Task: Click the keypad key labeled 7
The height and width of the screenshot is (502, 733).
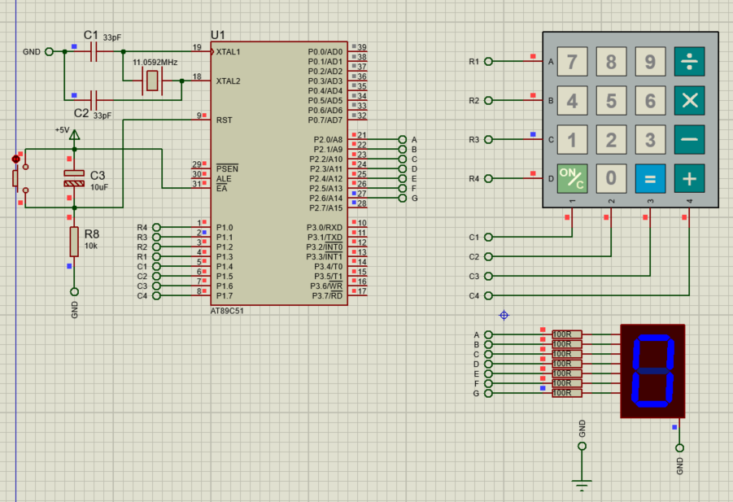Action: (x=572, y=61)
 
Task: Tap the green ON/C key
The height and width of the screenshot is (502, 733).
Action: (x=572, y=178)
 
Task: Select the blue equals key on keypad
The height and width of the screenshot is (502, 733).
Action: (x=650, y=178)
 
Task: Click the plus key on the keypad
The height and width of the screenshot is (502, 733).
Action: (x=690, y=178)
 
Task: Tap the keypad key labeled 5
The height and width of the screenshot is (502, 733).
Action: (x=611, y=100)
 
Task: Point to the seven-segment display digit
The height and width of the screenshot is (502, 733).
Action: (x=652, y=371)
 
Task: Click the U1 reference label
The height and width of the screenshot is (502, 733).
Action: (x=218, y=35)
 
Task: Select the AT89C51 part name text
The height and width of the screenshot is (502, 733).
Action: (x=227, y=311)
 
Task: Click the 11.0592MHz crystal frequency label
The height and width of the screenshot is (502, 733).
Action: (x=155, y=62)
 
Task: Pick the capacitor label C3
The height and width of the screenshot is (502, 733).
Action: (x=98, y=175)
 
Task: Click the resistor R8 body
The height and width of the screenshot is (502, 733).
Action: (x=74, y=241)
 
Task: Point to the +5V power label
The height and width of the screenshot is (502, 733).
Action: (x=63, y=129)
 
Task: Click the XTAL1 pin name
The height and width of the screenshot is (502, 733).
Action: (x=228, y=52)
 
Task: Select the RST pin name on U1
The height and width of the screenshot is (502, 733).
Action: (x=224, y=120)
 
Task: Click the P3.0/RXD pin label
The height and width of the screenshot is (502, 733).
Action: (x=325, y=228)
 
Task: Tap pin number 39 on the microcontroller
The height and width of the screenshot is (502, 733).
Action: (x=362, y=48)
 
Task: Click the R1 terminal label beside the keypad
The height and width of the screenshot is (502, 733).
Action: (x=474, y=62)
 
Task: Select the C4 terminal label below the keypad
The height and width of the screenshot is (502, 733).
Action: (x=474, y=296)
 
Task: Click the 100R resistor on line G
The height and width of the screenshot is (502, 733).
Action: (x=567, y=394)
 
